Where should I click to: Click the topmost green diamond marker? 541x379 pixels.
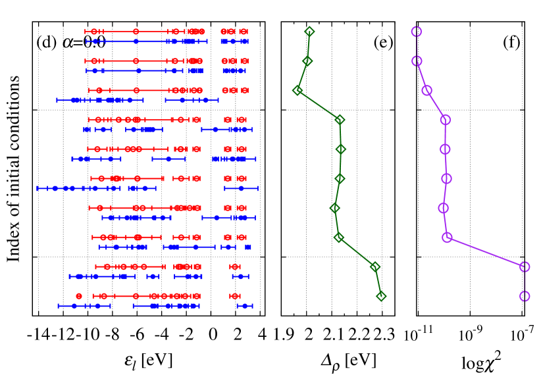tap(309, 32)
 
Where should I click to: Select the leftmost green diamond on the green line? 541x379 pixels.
tap(297, 90)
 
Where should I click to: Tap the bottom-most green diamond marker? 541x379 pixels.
tap(381, 296)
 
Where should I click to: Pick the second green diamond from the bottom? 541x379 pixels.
tap(375, 266)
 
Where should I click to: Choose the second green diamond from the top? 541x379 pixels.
tap(307, 61)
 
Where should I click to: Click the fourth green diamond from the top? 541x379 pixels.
tap(340, 120)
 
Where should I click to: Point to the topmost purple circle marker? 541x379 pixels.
tap(417, 32)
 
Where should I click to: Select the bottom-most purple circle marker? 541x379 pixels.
tap(525, 296)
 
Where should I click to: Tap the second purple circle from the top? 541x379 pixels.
tap(417, 61)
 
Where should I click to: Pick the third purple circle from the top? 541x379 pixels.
tap(427, 90)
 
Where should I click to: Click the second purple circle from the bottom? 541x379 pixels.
tap(525, 266)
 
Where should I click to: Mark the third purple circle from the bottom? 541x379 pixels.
tap(448, 237)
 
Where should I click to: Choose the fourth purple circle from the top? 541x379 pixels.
tap(446, 120)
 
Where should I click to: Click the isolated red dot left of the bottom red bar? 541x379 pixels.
tap(79, 296)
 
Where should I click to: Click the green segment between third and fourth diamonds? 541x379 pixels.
tap(319, 105)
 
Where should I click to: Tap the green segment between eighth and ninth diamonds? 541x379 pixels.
tap(357, 252)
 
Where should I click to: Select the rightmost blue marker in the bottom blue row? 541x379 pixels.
tap(245, 306)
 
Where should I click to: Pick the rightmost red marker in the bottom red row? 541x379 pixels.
tap(235, 296)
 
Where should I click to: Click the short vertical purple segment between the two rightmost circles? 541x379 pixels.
tap(525, 282)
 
